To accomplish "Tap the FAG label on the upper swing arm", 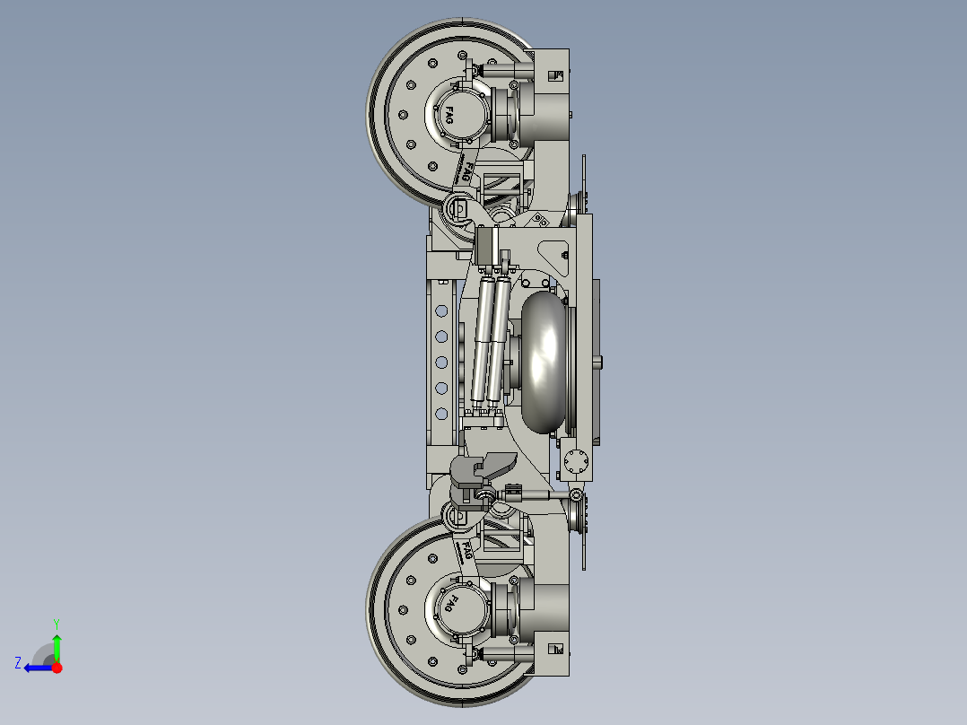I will (x=468, y=170).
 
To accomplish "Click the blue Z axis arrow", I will (x=37, y=667).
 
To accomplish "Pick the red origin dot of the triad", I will (x=57, y=668).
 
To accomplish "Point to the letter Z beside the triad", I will (x=18, y=662).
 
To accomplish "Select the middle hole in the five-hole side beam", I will (x=440, y=362).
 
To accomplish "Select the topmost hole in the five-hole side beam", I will (x=440, y=311).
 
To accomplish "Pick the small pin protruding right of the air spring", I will (x=598, y=362).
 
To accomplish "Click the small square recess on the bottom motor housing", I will (x=555, y=646).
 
